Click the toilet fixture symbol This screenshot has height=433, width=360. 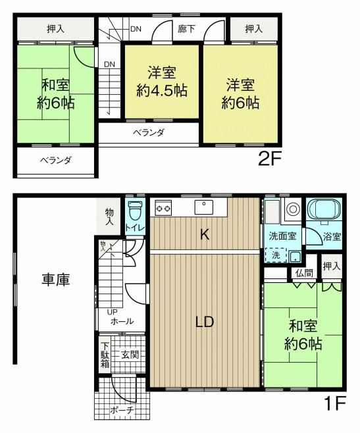click(135, 210)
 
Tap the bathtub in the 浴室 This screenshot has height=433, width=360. click(324, 209)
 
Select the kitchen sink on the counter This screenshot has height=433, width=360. click(203, 207)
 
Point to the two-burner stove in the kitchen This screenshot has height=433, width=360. click(163, 208)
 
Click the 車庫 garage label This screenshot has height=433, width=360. click(55, 279)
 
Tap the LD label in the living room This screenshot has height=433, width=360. click(205, 322)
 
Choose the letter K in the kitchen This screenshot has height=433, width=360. click(204, 235)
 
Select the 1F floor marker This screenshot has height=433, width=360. click(335, 403)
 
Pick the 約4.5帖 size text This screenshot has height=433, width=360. click(162, 90)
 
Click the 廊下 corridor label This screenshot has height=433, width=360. click(186, 29)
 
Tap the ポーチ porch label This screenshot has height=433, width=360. click(122, 410)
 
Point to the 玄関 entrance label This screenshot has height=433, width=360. click(130, 355)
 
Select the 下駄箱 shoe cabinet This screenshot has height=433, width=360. click(105, 355)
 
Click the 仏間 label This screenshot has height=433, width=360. click(304, 273)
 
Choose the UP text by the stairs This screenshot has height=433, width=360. click(112, 313)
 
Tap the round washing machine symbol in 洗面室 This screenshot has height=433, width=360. click(293, 209)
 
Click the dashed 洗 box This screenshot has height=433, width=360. click(276, 255)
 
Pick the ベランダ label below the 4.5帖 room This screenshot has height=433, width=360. click(149, 132)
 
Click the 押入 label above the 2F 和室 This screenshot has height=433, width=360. click(55, 29)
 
